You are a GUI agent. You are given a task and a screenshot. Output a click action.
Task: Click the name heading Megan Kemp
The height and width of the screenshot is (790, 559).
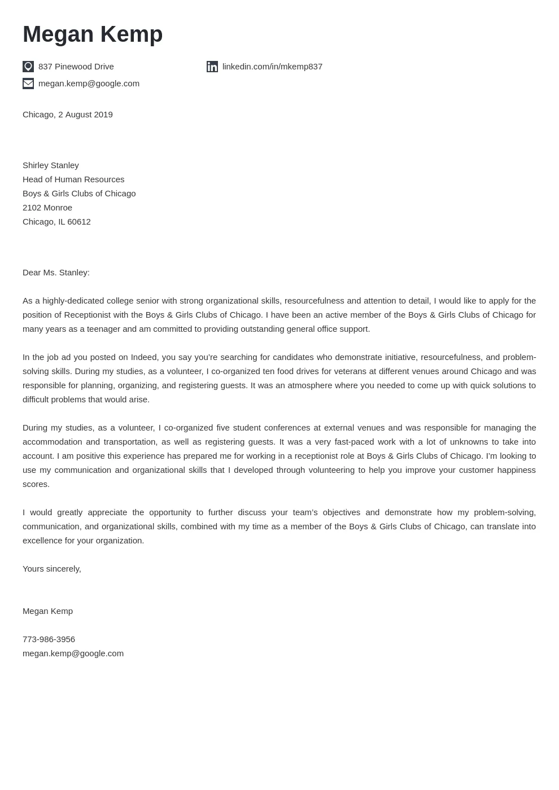[x=93, y=34]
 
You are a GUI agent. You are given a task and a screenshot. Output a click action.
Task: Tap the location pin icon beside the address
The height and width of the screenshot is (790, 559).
[x=28, y=67]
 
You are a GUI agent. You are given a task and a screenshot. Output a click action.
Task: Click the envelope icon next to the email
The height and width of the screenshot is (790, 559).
[x=28, y=84]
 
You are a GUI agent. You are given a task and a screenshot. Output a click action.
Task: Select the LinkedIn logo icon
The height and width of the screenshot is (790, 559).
[x=212, y=67]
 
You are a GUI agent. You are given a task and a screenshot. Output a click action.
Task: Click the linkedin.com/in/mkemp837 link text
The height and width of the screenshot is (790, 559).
[x=272, y=67]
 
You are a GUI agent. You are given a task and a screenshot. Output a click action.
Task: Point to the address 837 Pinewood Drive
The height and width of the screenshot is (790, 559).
[x=76, y=67]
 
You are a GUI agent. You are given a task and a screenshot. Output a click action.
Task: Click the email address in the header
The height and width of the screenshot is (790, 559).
[x=89, y=84]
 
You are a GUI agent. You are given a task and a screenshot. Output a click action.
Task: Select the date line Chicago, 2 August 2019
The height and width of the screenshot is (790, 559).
[x=68, y=115]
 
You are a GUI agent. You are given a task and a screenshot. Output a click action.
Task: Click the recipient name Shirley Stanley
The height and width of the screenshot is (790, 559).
[x=51, y=165]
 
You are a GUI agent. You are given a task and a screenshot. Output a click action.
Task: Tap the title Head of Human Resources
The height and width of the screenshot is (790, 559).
[x=73, y=179]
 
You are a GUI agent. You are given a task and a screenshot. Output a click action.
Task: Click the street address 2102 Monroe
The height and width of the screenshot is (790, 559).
[x=47, y=208]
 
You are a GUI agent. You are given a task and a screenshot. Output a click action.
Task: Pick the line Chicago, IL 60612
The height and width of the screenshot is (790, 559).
[x=56, y=222]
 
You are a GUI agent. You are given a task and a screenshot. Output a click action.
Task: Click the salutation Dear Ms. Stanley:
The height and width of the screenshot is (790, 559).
[x=56, y=273]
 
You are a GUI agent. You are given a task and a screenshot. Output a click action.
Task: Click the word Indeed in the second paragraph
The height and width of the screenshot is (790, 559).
[x=145, y=357]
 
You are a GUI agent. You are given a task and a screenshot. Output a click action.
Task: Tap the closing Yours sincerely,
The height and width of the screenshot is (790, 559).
[x=52, y=569]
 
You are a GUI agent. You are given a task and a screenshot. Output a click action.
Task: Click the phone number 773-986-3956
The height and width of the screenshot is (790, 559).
[x=49, y=639]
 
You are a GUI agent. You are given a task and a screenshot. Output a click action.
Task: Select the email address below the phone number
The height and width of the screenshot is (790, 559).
[x=73, y=653]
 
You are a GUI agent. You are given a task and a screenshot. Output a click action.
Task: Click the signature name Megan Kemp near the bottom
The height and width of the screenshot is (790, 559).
[x=47, y=611]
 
